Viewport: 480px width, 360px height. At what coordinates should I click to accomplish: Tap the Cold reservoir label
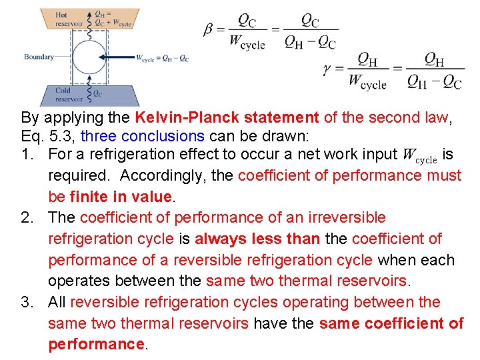68,95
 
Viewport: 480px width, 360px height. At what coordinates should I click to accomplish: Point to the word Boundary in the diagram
39,57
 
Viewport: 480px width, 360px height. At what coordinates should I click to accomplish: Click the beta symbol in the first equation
209,31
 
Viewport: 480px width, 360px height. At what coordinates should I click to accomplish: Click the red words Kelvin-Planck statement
227,118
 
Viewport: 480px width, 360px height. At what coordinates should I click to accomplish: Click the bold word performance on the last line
96,344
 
